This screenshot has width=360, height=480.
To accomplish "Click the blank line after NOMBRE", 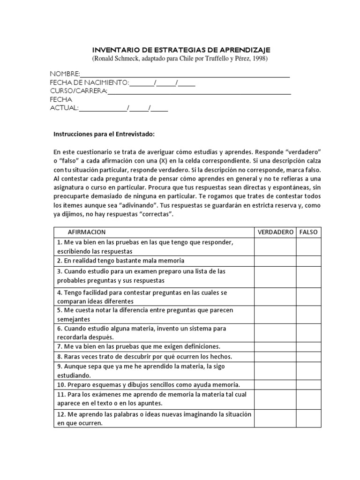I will pos(185,75).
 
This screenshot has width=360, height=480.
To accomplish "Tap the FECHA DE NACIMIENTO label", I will pos(89,83).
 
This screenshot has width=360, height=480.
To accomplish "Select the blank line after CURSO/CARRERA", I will pos(199,91).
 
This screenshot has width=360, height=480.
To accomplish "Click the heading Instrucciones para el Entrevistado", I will pos(104,134).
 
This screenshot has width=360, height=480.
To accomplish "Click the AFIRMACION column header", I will pos(87,232).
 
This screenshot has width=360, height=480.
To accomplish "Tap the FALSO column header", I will pos(308,232).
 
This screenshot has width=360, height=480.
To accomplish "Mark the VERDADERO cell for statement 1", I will pos(275,247).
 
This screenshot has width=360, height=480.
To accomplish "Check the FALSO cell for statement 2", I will pos(308,261).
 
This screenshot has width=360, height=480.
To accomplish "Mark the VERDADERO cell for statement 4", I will pos(275,297).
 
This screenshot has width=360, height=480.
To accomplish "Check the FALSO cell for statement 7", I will pos(308,346).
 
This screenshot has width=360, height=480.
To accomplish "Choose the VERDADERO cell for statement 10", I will pos(275,384).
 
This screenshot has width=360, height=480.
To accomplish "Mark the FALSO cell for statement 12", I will pos(308,419).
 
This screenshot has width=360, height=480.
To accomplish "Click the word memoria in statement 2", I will pos(171,261).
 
